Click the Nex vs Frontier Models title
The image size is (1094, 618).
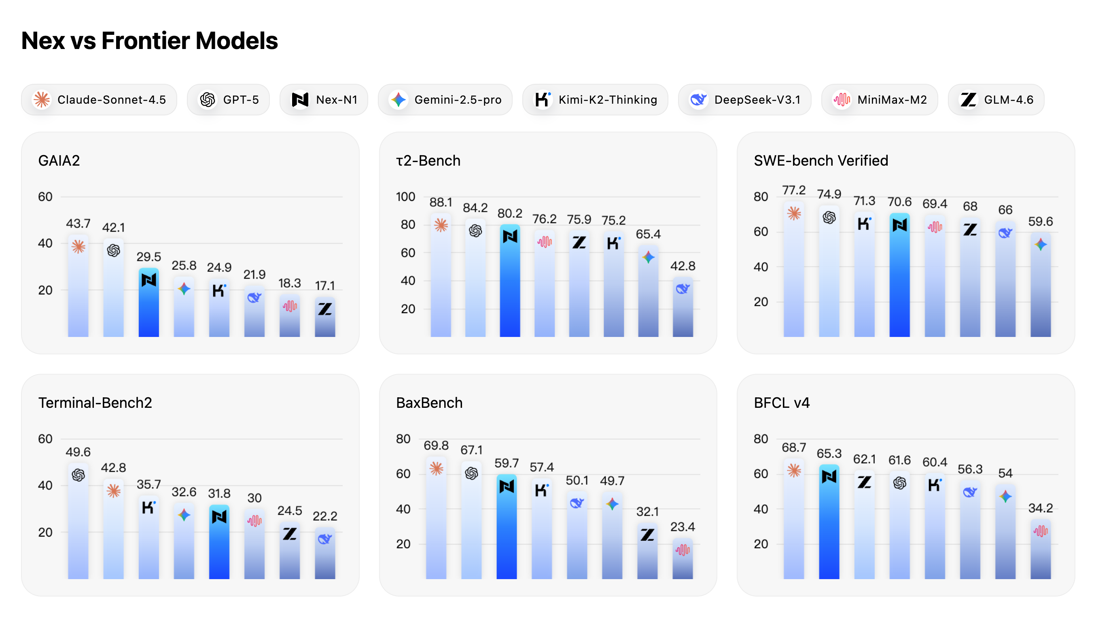tap(149, 41)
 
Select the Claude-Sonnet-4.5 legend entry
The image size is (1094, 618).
tap(99, 100)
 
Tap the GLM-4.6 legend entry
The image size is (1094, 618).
tap(996, 100)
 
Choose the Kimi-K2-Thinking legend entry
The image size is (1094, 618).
tap(595, 100)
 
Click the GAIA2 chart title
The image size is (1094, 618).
tap(59, 161)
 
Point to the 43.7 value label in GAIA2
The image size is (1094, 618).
tap(78, 224)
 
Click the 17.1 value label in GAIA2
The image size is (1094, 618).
tap(325, 286)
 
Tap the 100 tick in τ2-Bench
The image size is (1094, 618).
tap(405, 197)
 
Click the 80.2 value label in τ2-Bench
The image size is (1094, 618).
tap(510, 213)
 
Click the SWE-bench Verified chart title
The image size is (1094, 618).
tap(820, 161)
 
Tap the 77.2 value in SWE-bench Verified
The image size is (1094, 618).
tap(794, 190)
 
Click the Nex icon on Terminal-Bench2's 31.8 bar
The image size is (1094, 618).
tap(219, 517)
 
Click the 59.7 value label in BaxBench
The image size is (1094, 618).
tap(506, 463)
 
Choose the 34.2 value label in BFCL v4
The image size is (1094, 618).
tap(1040, 508)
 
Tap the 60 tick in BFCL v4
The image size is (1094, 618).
tap(761, 474)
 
